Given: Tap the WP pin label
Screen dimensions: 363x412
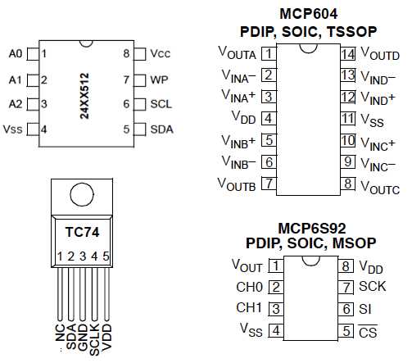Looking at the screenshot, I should (x=158, y=80).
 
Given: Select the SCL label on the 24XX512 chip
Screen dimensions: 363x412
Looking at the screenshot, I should (x=161, y=105).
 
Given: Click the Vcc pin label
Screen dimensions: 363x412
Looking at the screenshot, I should (x=161, y=54).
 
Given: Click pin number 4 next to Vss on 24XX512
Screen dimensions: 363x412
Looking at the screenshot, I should (x=43, y=129).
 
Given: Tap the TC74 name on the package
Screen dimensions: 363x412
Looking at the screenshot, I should (x=79, y=231).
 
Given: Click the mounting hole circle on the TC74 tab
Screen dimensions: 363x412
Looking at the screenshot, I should (x=80, y=195).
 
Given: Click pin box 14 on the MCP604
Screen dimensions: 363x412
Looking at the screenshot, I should (x=348, y=55).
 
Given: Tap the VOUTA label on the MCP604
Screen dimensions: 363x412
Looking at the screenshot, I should (x=238, y=55).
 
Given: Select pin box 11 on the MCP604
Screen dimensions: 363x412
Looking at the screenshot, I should (x=348, y=119).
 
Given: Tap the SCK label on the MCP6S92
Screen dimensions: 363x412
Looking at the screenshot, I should (x=372, y=288).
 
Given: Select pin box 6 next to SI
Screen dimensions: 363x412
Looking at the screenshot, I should (x=346, y=310).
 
